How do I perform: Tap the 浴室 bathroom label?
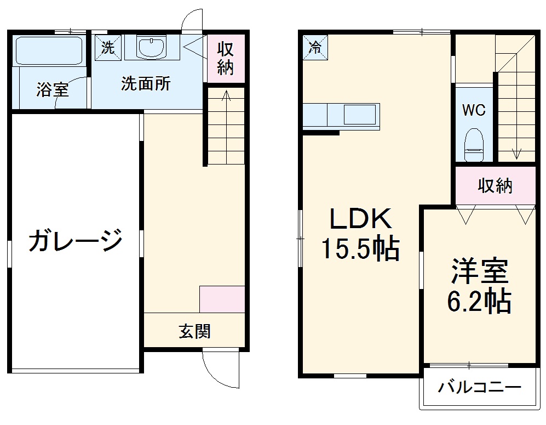53,89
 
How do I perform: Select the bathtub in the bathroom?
48,51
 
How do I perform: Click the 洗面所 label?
146,84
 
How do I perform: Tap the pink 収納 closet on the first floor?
226,59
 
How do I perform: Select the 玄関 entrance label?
194,331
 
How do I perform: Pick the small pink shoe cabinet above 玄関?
222,299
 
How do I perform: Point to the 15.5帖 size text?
360,250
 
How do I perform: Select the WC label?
473,110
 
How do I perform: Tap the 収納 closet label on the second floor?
495,186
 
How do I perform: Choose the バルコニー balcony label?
479,388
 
